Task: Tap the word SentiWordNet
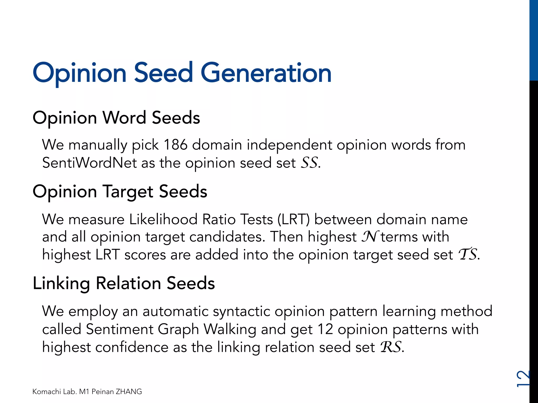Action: (90, 163)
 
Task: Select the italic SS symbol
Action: (309, 163)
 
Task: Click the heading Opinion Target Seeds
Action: (120, 191)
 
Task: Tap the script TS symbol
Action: (468, 254)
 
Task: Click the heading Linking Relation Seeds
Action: (124, 283)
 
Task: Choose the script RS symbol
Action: (391, 347)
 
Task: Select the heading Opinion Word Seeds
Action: (116, 118)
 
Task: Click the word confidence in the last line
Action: (132, 347)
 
